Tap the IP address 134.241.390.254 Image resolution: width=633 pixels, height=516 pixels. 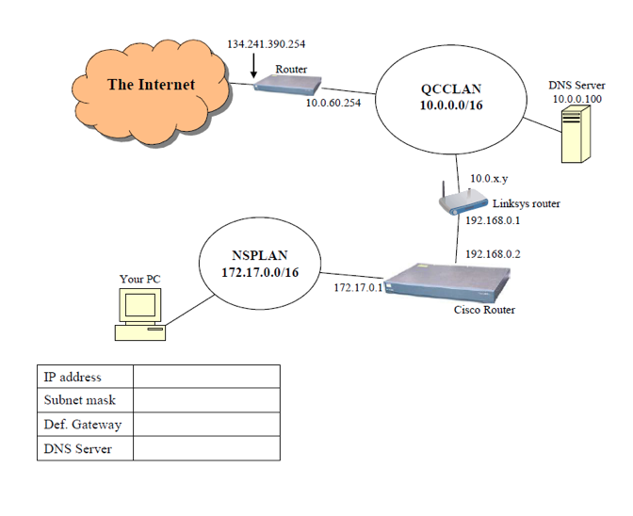[x=266, y=44]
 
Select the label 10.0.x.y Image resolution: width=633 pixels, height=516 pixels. [x=487, y=178]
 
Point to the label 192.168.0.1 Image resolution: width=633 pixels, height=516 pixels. [x=493, y=221]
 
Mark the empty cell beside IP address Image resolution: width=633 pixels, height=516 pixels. [x=206, y=377]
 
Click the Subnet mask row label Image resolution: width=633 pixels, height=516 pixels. [x=80, y=400]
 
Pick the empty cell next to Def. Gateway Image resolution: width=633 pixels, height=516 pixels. [x=206, y=425]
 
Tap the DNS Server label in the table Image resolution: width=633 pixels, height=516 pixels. [x=78, y=449]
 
